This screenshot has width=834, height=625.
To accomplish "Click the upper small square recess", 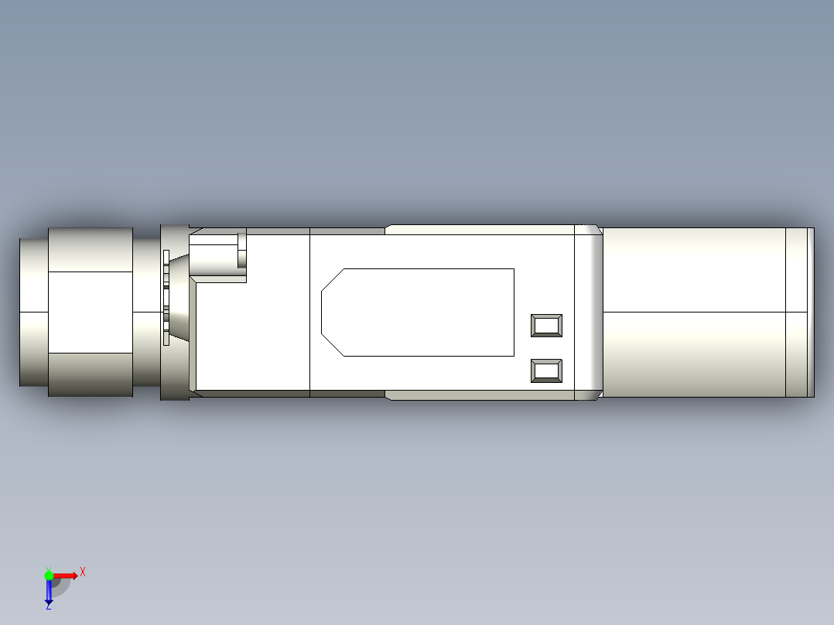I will pyautogui.click(x=546, y=326).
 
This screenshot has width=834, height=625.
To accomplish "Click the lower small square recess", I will pyautogui.click(x=546, y=371).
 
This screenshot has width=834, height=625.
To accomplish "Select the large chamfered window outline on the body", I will pyautogui.click(x=418, y=312).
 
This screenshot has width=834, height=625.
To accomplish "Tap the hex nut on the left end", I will pyautogui.click(x=90, y=312).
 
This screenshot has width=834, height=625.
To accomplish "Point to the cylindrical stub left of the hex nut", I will pyautogui.click(x=33, y=312).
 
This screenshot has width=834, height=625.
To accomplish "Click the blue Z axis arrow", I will pyautogui.click(x=49, y=592).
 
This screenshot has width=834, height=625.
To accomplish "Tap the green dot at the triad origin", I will pyautogui.click(x=49, y=575).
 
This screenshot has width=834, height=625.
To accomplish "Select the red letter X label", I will pyautogui.click(x=83, y=572).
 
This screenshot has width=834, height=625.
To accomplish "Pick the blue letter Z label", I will pyautogui.click(x=48, y=606).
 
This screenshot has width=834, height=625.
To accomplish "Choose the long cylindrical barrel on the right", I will pyautogui.click(x=692, y=312).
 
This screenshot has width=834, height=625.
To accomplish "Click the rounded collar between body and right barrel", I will pyautogui.click(x=588, y=312).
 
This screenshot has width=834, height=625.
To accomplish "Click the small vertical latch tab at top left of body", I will pyautogui.click(x=241, y=249).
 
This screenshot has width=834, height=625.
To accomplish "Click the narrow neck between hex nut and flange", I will pyautogui.click(x=146, y=312).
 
